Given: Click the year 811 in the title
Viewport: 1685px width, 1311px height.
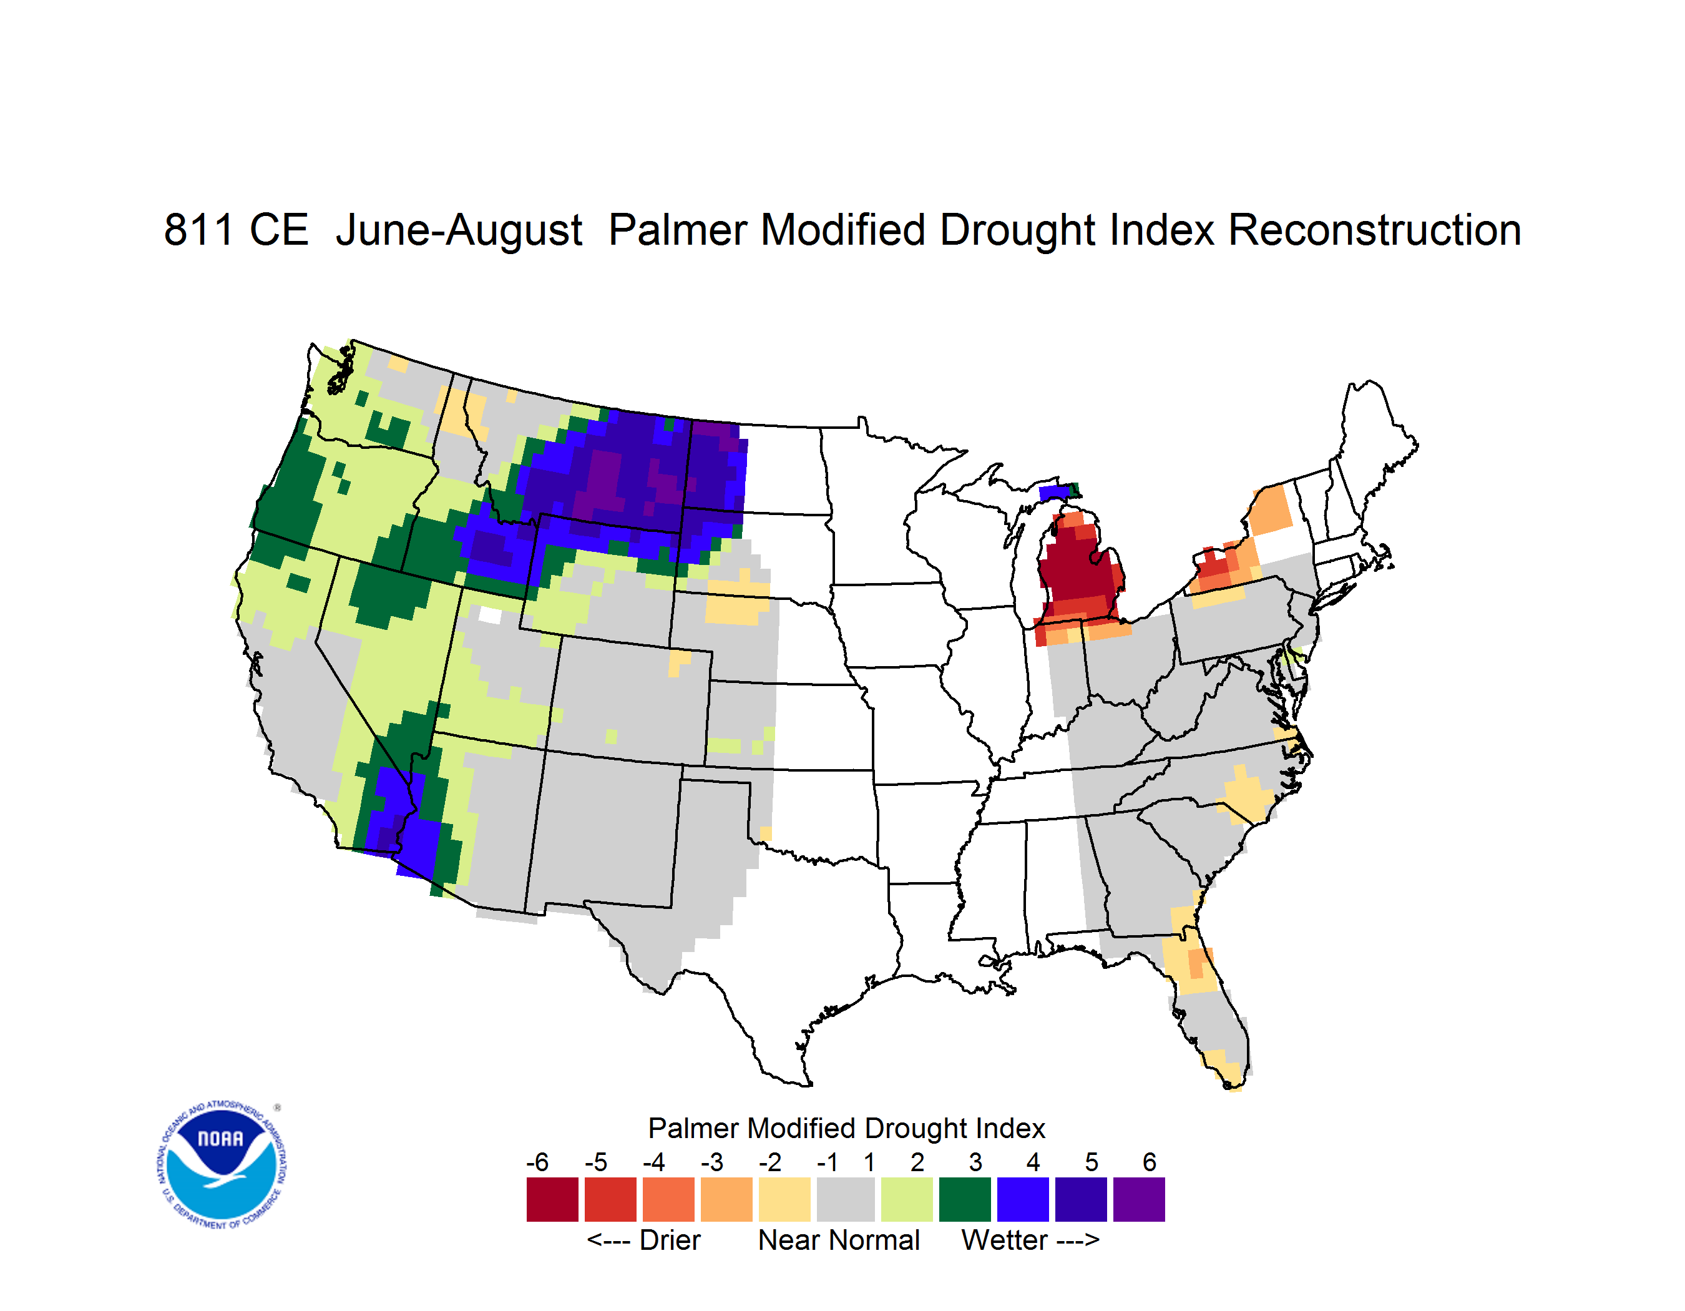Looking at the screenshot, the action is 198,230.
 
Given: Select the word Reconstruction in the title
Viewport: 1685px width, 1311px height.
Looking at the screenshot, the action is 1374,230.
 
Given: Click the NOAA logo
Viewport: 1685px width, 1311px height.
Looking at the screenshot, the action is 222,1165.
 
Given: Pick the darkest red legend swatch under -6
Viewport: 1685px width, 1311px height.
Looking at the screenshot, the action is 552,1199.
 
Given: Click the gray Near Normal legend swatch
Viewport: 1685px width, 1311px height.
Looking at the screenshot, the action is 846,1199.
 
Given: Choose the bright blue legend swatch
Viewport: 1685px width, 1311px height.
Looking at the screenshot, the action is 1023,1199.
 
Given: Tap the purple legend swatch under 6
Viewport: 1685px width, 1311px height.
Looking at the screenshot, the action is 1139,1199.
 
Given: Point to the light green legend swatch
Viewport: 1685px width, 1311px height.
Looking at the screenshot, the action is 907,1199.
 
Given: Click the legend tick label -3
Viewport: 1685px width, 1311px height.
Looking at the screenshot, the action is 712,1162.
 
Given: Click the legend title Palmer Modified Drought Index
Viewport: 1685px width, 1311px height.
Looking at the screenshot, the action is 846,1128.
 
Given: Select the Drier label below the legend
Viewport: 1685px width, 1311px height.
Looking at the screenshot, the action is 670,1240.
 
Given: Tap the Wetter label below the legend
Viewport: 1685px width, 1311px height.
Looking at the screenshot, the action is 1005,1240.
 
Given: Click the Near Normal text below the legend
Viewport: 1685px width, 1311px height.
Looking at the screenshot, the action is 839,1240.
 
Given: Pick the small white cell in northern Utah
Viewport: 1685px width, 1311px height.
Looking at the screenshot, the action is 490,615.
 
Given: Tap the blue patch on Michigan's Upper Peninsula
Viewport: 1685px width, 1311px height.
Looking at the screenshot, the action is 1055,493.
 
